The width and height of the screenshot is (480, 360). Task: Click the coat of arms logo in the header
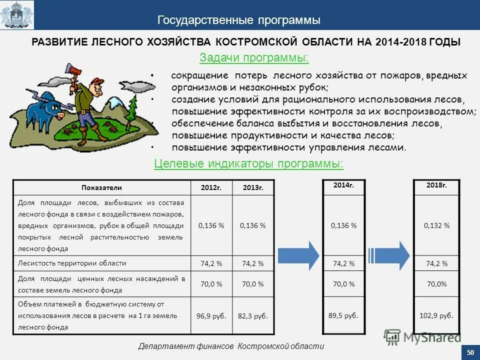[17, 15]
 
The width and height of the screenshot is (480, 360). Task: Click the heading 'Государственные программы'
[239, 20]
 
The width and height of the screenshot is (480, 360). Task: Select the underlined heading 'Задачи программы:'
[254, 58]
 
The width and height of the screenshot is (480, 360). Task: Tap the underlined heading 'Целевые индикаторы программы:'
[248, 164]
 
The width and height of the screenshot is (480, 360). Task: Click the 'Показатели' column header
[101, 187]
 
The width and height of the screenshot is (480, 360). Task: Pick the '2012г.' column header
[211, 187]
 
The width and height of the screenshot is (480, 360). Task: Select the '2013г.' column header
[253, 187]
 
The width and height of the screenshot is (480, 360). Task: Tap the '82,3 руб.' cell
[253, 316]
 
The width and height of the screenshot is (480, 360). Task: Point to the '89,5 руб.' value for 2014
[344, 315]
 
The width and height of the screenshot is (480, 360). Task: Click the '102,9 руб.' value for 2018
[436, 315]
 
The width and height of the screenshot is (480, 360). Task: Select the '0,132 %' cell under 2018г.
[436, 225]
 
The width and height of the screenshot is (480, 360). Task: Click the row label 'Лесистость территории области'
[72, 263]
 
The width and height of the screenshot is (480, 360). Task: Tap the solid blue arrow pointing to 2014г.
[298, 255]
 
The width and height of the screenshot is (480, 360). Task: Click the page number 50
[469, 353]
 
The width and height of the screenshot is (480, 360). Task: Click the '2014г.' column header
[344, 185]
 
